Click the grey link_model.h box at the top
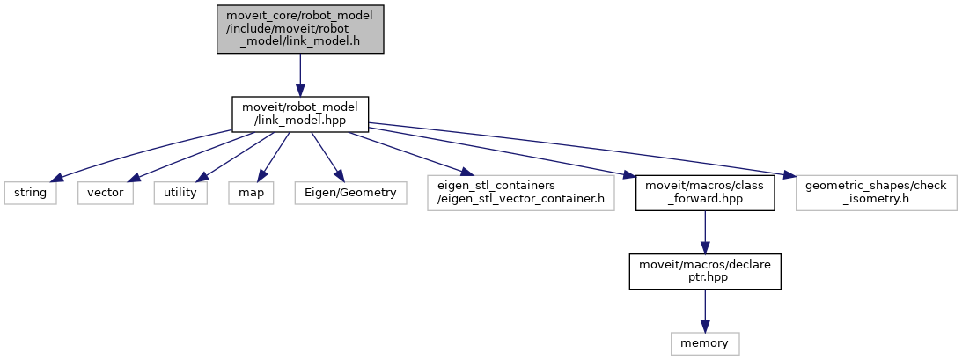coord(300,30)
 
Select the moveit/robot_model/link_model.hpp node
coord(300,114)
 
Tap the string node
coord(31,192)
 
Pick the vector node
coord(105,192)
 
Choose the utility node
coord(180,192)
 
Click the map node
coord(250,192)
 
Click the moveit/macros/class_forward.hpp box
coord(705,192)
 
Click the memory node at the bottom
coord(704,342)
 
